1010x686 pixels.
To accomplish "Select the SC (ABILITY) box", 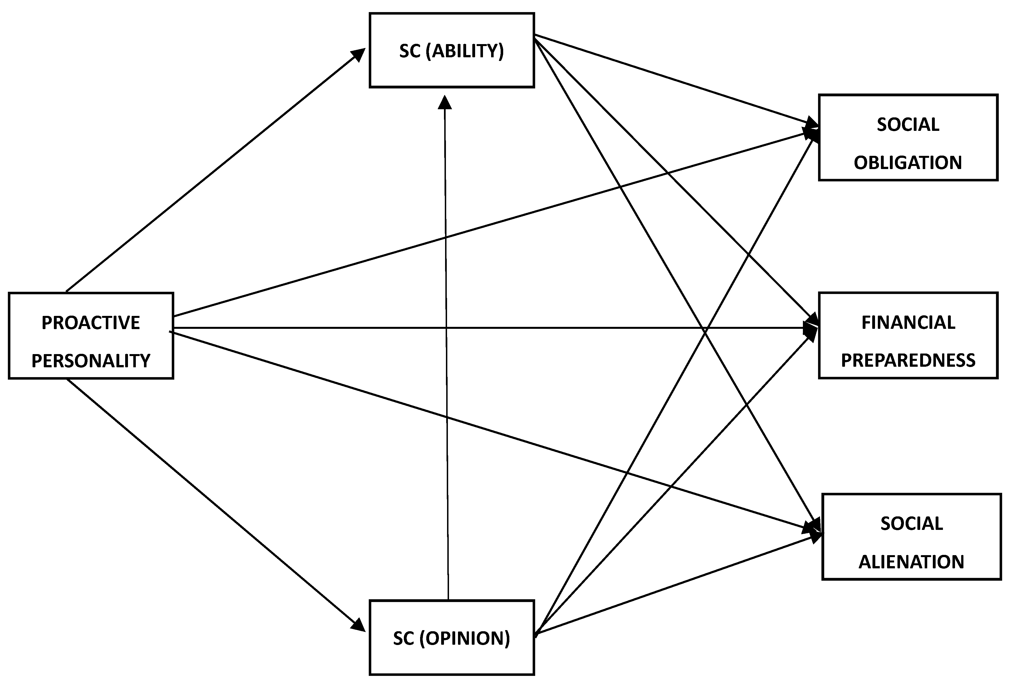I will (452, 70).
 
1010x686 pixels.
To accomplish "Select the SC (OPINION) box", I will (452, 657).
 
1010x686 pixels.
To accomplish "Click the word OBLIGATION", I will (908, 163).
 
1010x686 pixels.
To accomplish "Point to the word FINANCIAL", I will (908, 323).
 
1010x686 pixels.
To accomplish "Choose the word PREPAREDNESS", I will (908, 360).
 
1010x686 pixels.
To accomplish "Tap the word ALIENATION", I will (911, 562).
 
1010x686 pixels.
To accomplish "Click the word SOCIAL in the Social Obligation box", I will (908, 125).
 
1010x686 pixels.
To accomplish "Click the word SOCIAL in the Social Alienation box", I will (911, 523).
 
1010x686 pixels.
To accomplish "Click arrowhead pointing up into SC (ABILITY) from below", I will (445, 102).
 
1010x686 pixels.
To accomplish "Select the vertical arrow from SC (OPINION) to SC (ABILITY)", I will (446, 348).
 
